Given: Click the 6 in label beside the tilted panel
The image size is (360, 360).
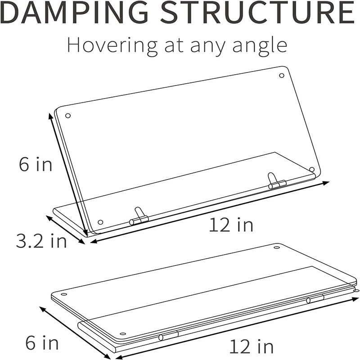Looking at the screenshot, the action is point(36,164).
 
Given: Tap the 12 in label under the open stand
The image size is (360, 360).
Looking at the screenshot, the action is point(231,225).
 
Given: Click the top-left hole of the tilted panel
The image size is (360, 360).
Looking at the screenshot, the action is point(68,116).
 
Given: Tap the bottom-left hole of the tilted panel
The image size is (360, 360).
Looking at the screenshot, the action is point(100,222).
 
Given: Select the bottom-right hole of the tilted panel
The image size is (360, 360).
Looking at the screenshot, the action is point(312,170).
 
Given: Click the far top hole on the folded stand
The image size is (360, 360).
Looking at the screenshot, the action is point(277,247).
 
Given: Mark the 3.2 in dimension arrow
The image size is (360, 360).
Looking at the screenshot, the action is point(66,230).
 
